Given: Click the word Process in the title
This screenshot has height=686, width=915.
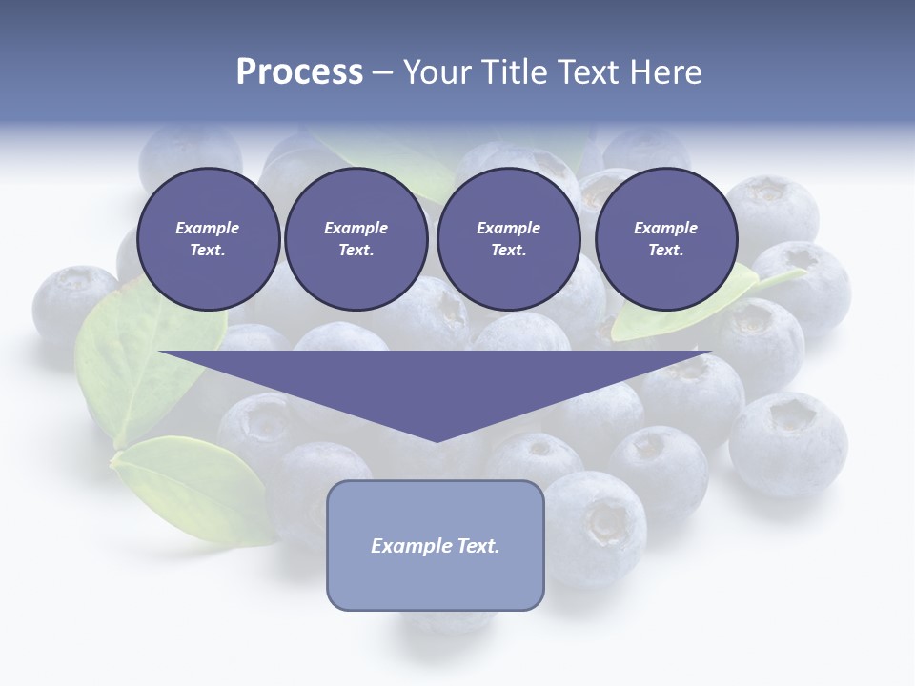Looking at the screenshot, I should (x=299, y=72).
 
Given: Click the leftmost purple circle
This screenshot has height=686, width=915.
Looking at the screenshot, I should (x=208, y=239).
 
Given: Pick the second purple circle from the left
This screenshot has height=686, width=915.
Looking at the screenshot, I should (x=356, y=239).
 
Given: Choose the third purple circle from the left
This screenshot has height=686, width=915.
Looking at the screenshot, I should (x=508, y=239).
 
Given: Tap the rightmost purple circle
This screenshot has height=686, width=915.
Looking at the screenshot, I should (x=665, y=239).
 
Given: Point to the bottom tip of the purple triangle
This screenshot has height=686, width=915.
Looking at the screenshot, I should (x=436, y=440).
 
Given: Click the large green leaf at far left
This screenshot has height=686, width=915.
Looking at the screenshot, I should (x=143, y=362).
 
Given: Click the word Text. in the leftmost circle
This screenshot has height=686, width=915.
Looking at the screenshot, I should (x=208, y=251).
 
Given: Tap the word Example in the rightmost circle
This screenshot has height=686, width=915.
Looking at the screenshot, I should (x=665, y=228).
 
